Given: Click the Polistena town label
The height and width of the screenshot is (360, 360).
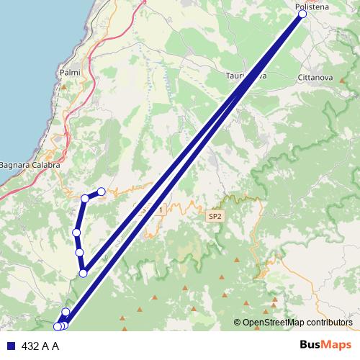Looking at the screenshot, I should [x=312, y=6].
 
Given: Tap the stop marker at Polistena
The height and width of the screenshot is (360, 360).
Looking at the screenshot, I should [x=302, y=14].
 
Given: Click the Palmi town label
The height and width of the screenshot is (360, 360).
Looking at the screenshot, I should [x=70, y=73].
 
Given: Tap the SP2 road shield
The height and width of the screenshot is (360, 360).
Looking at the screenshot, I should [x=215, y=216].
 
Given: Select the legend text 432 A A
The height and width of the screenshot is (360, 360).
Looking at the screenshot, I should [x=40, y=346].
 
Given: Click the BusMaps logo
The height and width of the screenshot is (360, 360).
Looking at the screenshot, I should [x=326, y=346].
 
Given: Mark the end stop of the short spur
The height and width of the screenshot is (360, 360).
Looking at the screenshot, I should [x=102, y=192].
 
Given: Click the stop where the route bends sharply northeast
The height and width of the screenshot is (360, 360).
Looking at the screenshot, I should [x=84, y=273].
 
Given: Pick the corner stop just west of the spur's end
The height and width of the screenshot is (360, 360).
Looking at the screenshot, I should [x=85, y=199].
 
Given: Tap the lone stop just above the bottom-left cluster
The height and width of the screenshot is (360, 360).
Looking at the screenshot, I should [x=66, y=312].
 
